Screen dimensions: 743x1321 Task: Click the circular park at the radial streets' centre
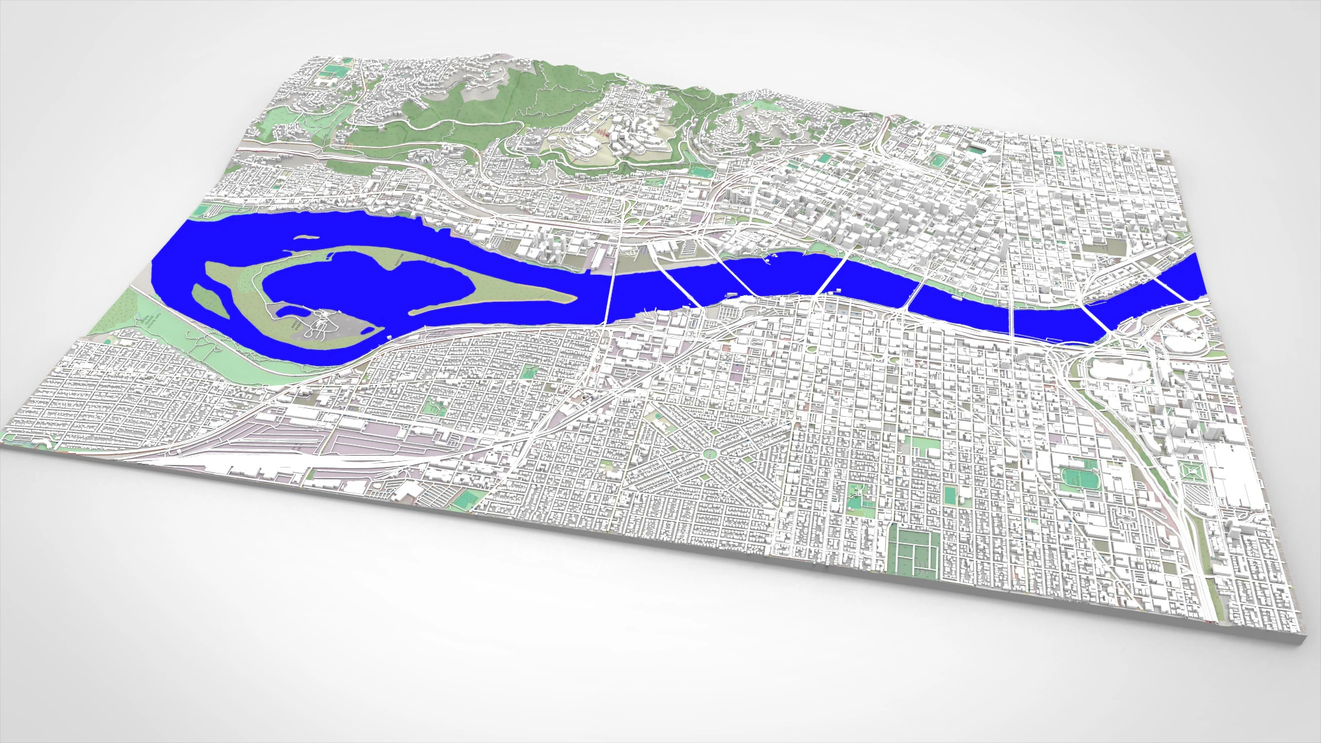pyautogui.click(x=709, y=453)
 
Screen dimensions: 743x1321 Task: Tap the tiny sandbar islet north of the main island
pyautogui.click(x=305, y=236)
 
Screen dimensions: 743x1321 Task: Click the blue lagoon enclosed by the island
pyautogui.click(x=370, y=284)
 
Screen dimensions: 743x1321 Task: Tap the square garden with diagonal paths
pyautogui.click(x=1194, y=473)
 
